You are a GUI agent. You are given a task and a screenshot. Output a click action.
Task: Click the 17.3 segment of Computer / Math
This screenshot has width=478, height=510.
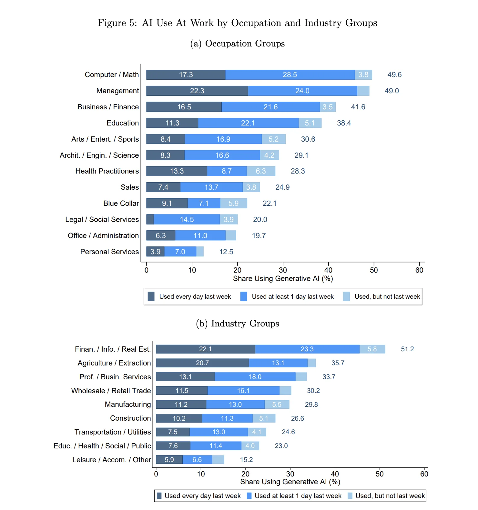coord(186,75)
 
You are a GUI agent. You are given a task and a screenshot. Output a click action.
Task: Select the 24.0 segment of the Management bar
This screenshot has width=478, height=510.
coord(302,91)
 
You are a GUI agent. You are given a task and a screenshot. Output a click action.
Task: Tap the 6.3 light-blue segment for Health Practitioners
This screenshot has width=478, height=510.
coord(261,171)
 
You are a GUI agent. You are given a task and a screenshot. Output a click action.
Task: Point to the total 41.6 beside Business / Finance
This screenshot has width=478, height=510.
coord(358,107)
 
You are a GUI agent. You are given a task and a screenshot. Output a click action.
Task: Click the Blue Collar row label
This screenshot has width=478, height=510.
coord(121,203)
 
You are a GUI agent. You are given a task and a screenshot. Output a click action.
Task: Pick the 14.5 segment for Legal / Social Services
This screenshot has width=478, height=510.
coord(187,219)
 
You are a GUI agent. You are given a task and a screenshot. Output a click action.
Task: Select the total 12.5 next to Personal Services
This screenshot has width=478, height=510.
coord(226,252)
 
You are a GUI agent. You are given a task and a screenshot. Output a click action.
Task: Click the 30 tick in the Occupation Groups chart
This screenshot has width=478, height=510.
coord(283,270)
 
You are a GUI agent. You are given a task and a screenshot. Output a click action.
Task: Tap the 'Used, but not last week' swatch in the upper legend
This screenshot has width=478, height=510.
coord(346,296)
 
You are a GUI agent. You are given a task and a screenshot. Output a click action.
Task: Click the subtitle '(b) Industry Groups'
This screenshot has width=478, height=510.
coord(238,324)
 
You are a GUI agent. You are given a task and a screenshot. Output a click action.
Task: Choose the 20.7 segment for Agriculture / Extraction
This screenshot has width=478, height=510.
coord(202,363)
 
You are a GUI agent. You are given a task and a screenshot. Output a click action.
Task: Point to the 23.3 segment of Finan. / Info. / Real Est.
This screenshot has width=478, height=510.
coord(307,349)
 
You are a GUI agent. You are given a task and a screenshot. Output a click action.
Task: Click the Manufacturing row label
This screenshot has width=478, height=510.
coord(128,404)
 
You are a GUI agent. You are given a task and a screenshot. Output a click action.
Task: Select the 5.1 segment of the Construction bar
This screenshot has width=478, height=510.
coord(264,418)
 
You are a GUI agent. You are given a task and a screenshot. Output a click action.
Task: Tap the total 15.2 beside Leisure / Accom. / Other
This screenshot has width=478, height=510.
coord(246,460)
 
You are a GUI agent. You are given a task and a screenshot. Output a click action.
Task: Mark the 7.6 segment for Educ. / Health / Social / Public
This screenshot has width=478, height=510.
coord(173,446)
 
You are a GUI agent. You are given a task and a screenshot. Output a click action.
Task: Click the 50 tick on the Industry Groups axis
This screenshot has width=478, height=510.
coord(380,474)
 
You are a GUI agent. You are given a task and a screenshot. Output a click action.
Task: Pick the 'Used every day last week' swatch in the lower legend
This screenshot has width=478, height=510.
coord(159,496)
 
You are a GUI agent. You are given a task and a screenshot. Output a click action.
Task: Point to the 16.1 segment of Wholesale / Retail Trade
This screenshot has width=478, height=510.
coord(243,391)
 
